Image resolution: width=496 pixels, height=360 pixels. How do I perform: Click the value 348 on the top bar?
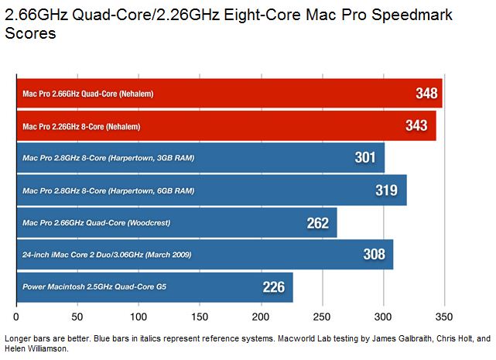(426, 93)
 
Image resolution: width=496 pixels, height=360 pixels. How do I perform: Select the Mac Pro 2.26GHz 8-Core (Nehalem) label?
(82, 126)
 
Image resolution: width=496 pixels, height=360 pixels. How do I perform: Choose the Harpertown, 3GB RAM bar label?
(108, 159)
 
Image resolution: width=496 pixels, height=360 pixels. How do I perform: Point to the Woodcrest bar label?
(96, 223)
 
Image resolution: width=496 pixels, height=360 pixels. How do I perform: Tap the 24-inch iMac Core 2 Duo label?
(107, 255)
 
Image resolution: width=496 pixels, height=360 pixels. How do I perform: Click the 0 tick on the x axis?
(16, 317)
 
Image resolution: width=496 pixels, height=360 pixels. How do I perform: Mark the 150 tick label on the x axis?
(140, 317)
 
